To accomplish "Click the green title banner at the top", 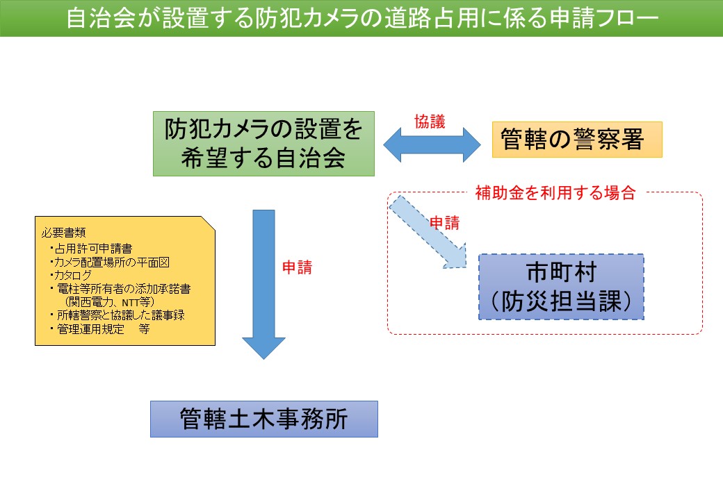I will coord(361,18).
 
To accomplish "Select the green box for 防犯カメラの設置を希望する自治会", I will coord(263,143).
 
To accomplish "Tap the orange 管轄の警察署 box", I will coord(576,140).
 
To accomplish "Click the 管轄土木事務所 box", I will coord(263,419).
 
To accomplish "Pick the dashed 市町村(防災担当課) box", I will coord(561,286).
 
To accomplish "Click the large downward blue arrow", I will coord(263,285).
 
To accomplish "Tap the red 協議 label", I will coord(430,121).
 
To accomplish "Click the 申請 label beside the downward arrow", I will coord(297,267).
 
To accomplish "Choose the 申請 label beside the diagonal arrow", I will coord(444,223).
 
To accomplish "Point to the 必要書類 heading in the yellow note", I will coord(63,231).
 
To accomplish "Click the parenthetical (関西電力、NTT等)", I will coord(108,301).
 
